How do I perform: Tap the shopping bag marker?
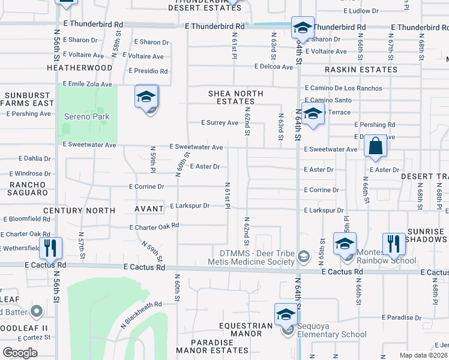(x=375, y=146)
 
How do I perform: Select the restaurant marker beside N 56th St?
(x=50, y=247)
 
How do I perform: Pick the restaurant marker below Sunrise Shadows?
(x=394, y=243)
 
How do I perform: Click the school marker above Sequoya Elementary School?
(x=286, y=314)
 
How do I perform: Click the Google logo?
(x=20, y=353)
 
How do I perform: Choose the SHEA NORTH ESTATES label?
(x=236, y=97)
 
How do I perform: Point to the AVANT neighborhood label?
(x=148, y=209)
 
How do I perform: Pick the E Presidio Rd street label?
(x=148, y=71)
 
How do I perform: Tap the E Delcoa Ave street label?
(x=273, y=67)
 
